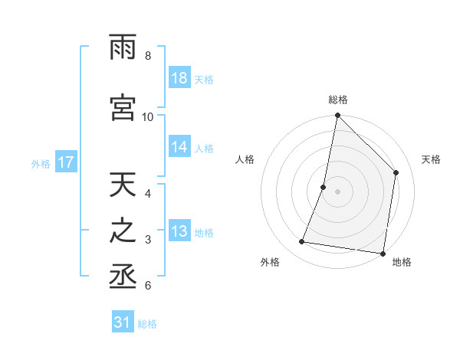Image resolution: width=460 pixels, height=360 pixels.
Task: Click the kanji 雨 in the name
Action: pyautogui.click(x=123, y=48)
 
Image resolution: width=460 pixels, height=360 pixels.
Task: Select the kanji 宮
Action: pyautogui.click(x=123, y=108)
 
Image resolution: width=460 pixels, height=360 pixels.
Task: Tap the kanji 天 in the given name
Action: pyautogui.click(x=123, y=186)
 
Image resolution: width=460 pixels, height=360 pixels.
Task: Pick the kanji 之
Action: pyautogui.click(x=123, y=233)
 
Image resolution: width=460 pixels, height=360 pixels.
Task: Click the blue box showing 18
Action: pyautogui.click(x=179, y=78)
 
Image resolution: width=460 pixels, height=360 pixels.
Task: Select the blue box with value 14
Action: pyautogui.click(x=179, y=147)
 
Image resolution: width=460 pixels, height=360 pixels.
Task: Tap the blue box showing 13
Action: pyautogui.click(x=179, y=232)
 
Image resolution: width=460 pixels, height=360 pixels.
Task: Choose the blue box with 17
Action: pyautogui.click(x=65, y=162)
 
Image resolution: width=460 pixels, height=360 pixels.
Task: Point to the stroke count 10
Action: pyautogui.click(x=148, y=116)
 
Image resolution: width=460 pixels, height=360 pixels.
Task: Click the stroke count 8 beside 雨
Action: pyautogui.click(x=148, y=56)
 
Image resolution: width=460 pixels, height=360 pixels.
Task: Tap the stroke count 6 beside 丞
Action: pyautogui.click(x=148, y=286)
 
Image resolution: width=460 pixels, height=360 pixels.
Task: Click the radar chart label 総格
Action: pyautogui.click(x=337, y=100)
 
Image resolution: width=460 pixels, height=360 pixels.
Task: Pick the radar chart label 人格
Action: pyautogui.click(x=245, y=159)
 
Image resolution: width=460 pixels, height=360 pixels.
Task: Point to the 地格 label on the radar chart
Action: pyautogui.click(x=402, y=262)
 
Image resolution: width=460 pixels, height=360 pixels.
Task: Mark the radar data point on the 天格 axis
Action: pyautogui.click(x=396, y=172)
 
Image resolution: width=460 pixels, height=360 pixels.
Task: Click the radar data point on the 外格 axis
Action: pyautogui.click(x=302, y=242)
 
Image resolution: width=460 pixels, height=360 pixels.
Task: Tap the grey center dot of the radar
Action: pyautogui.click(x=337, y=191)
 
